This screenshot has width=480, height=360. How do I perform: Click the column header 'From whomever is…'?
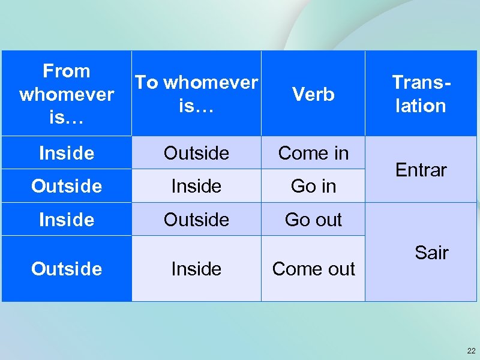point(66,94)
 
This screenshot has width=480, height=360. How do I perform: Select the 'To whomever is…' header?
point(196,94)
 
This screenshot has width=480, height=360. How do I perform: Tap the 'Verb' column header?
point(313,94)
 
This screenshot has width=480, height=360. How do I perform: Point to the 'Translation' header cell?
point(420,94)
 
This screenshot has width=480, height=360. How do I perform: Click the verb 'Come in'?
point(313,153)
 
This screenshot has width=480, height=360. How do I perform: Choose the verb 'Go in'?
point(313,186)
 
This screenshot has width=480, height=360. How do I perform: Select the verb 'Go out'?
point(313,220)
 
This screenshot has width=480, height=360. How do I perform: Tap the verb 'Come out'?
point(313,269)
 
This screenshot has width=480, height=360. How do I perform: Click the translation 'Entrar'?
point(421,170)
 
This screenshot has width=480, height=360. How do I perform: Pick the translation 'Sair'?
point(431,253)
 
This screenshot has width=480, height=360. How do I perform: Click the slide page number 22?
point(470,350)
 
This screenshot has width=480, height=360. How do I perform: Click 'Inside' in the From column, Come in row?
point(66,153)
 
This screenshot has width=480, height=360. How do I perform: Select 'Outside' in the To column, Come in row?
point(196,153)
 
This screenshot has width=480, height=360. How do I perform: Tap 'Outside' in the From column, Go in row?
point(66,186)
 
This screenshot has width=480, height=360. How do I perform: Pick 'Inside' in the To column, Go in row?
point(196,186)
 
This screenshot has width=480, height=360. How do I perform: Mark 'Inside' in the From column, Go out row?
point(66,220)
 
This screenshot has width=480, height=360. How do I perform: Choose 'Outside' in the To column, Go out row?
point(196,220)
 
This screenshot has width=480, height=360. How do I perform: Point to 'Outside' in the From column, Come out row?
point(66,269)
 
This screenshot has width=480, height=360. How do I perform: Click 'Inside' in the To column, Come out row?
point(196,269)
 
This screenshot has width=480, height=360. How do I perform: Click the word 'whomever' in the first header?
point(66,94)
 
